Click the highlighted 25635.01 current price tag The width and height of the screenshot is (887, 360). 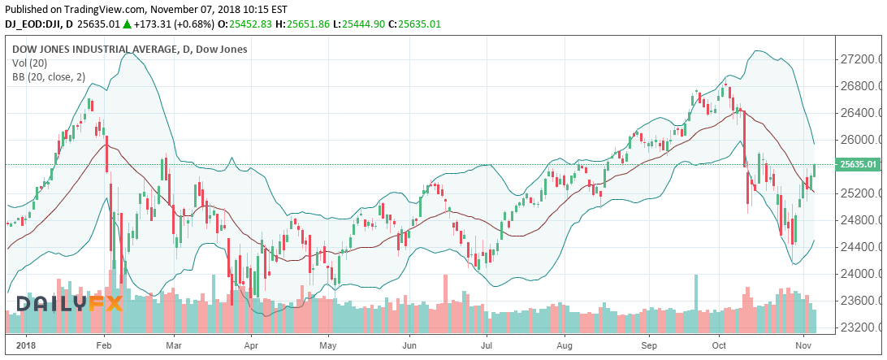pyautogui.click(x=859, y=165)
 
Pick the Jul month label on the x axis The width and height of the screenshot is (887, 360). pyautogui.click(x=486, y=345)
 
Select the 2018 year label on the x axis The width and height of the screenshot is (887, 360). pyautogui.click(x=27, y=345)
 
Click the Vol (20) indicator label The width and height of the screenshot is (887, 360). pyautogui.click(x=29, y=63)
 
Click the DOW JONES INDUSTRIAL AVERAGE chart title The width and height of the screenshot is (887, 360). pyautogui.click(x=96, y=50)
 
